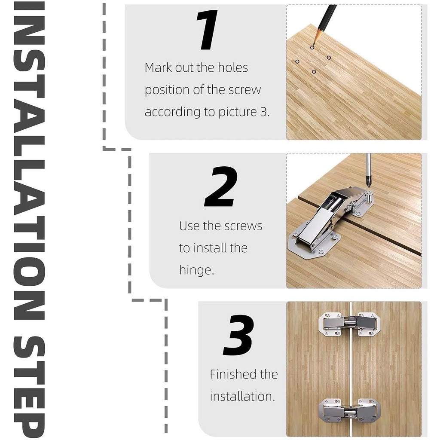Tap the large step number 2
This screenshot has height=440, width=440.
pyautogui.click(x=221, y=186)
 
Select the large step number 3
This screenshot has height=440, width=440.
pyautogui.click(x=238, y=335)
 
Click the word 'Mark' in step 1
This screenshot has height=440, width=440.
pyautogui.click(x=158, y=67)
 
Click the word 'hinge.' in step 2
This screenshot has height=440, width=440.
pyautogui.click(x=196, y=271)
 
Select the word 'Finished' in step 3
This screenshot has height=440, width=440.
pyautogui.click(x=232, y=374)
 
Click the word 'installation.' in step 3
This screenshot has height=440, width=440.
pyautogui.click(x=242, y=397)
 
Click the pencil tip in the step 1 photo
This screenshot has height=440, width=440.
pyautogui.click(x=313, y=44)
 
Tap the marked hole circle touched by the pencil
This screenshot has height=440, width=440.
pyautogui.click(x=312, y=47)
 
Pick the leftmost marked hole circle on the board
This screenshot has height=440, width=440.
pyautogui.click(x=297, y=61)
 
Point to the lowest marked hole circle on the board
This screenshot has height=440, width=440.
pyautogui.click(x=314, y=72)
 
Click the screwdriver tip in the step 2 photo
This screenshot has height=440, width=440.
pyautogui.click(x=368, y=186)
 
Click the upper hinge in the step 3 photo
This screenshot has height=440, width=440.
pyautogui.click(x=351, y=324)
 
